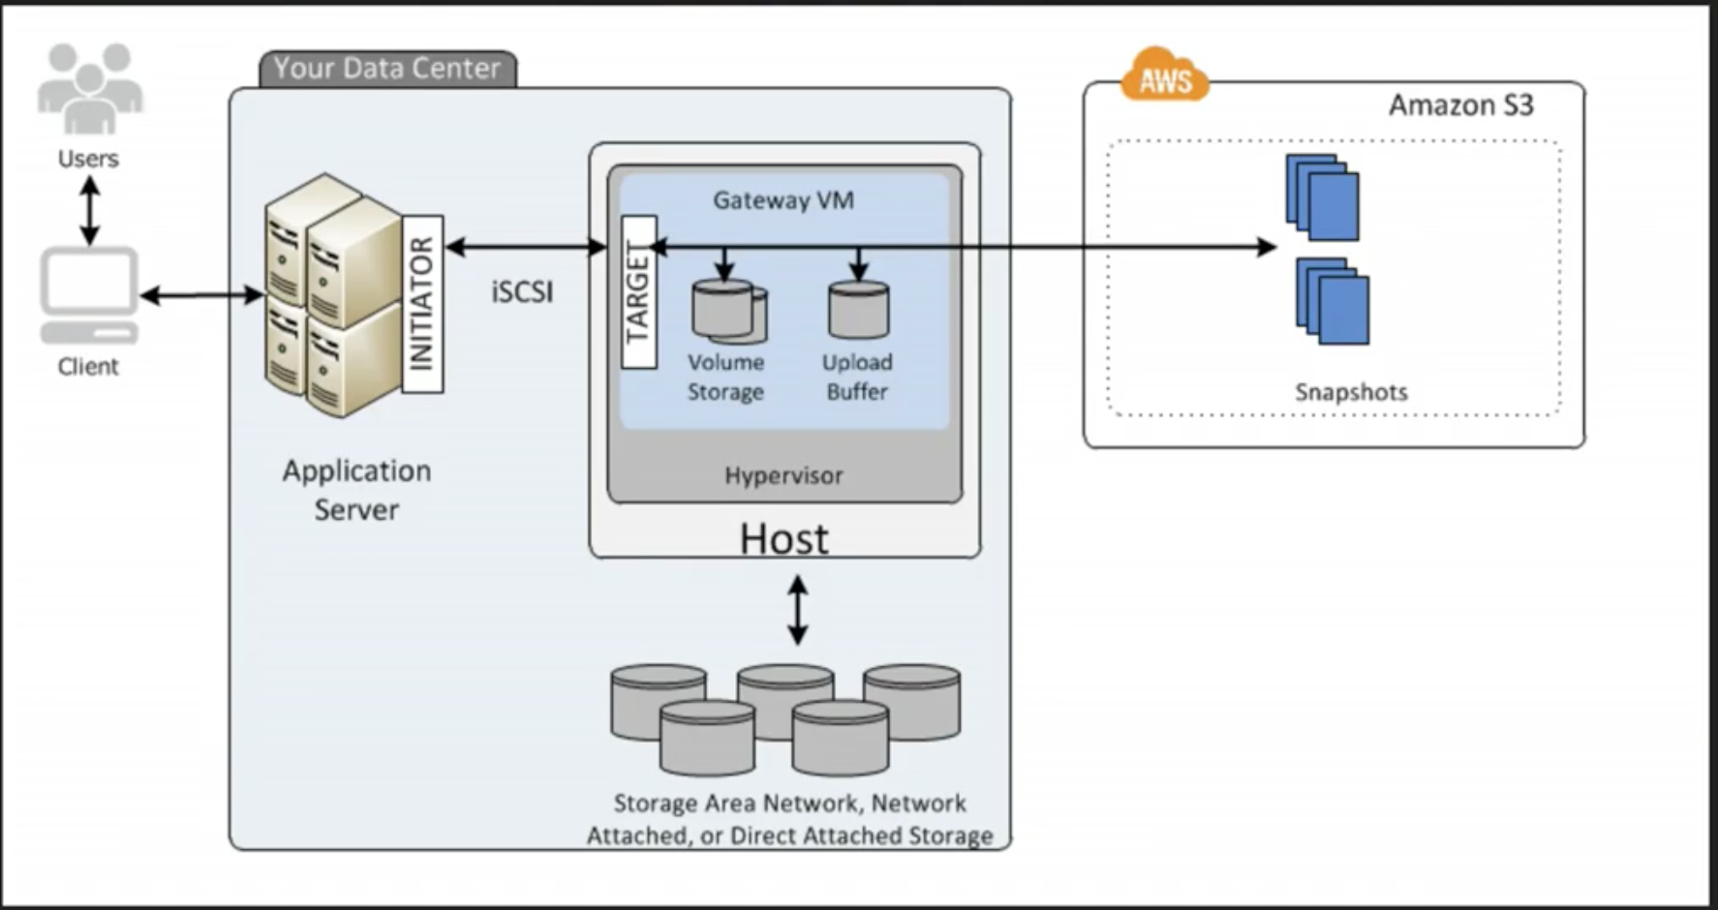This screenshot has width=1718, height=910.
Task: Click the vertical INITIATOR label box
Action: pyautogui.click(x=422, y=304)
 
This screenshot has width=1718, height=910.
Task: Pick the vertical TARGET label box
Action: pyautogui.click(x=638, y=291)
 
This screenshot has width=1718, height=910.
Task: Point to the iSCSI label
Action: pyautogui.click(x=522, y=291)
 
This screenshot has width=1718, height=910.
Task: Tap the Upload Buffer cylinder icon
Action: pyautogui.click(x=858, y=310)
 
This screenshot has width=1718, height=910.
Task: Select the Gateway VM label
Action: pyautogui.click(x=783, y=200)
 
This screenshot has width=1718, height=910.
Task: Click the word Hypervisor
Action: pyautogui.click(x=783, y=475)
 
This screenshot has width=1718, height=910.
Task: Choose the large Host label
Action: pyautogui.click(x=783, y=539)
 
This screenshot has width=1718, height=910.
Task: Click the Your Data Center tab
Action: pyautogui.click(x=387, y=69)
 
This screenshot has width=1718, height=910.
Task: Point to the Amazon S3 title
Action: pyautogui.click(x=1460, y=105)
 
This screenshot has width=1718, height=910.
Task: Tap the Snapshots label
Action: pyautogui.click(x=1351, y=392)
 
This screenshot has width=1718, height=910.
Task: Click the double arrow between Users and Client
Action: pyautogui.click(x=90, y=210)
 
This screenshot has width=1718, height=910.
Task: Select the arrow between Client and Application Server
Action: pyautogui.click(x=201, y=295)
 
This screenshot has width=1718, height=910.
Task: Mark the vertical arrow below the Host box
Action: pyautogui.click(x=797, y=610)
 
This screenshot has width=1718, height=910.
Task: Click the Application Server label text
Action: pyautogui.click(x=356, y=490)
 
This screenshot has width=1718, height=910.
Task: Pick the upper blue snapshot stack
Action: pyautogui.click(x=1323, y=197)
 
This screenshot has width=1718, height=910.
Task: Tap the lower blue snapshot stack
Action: pyautogui.click(x=1333, y=301)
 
